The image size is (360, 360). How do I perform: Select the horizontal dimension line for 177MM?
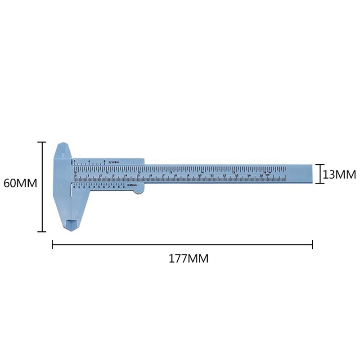coord(182,245)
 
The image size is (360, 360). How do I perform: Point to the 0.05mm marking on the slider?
coord(131,185)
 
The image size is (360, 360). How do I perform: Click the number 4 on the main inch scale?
coord(203,171)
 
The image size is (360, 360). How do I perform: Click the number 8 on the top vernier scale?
coord(104,161)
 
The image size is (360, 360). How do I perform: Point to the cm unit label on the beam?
coord(267,175)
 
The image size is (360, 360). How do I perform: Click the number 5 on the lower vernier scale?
coord(99,186)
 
